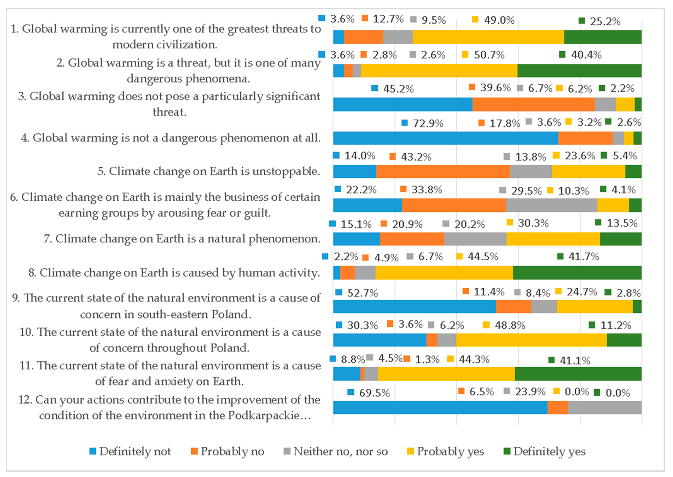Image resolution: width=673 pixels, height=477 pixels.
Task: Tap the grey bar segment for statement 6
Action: click(x=552, y=205)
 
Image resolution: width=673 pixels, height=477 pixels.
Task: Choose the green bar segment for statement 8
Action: click(x=577, y=273)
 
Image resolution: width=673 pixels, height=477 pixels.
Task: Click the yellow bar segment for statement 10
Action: click(x=531, y=340)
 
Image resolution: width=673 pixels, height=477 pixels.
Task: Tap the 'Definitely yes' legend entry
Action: click(x=549, y=451)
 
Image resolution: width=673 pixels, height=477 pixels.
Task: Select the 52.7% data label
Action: click(x=362, y=293)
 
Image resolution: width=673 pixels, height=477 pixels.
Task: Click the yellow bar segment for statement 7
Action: click(x=553, y=239)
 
